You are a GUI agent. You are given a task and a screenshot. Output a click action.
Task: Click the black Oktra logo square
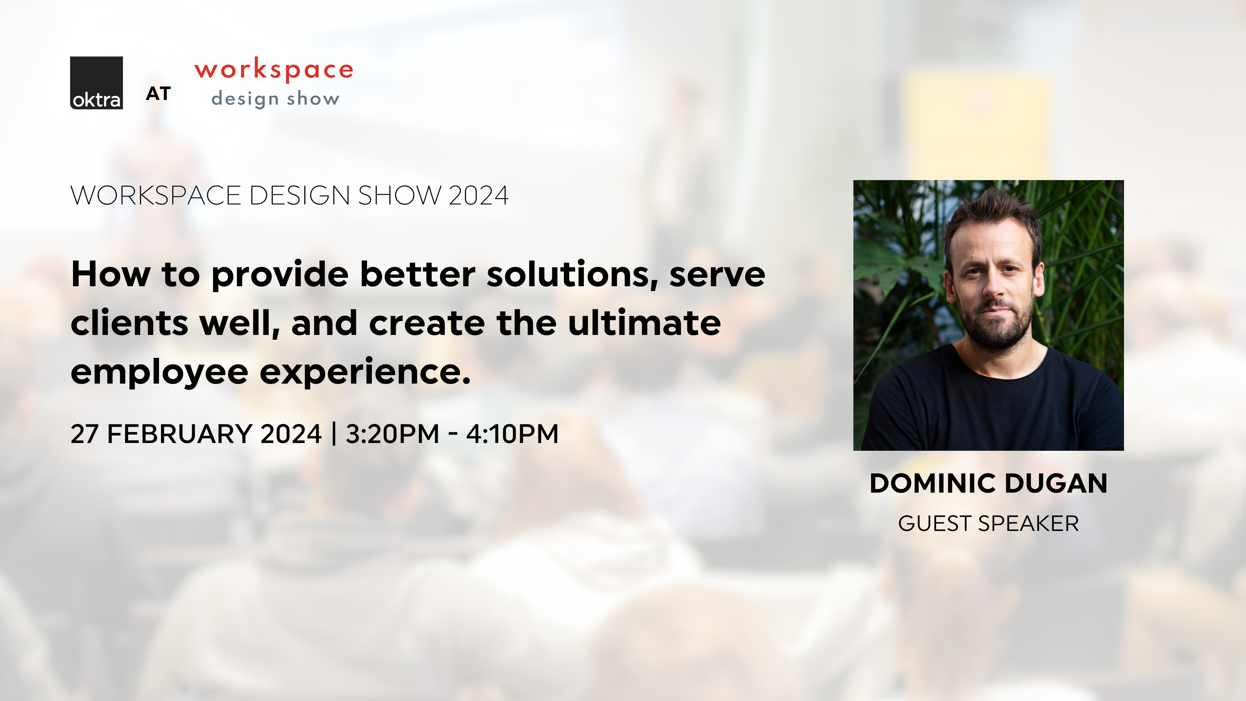point(96,83)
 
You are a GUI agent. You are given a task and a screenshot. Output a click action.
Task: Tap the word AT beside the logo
point(158,94)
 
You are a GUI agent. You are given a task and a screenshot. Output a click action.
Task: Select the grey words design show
point(275,99)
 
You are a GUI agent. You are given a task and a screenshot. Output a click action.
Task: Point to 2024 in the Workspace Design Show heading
point(478,195)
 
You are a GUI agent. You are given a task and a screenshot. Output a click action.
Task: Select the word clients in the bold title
point(129,323)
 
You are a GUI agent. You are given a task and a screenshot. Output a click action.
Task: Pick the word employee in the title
point(159,373)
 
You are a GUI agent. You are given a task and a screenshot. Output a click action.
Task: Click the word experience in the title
point(365,373)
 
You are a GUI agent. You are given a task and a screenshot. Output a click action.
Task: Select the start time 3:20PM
point(392,434)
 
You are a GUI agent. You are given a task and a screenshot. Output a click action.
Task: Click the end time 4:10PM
point(512,434)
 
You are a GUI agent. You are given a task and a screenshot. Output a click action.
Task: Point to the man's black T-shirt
point(992,406)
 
